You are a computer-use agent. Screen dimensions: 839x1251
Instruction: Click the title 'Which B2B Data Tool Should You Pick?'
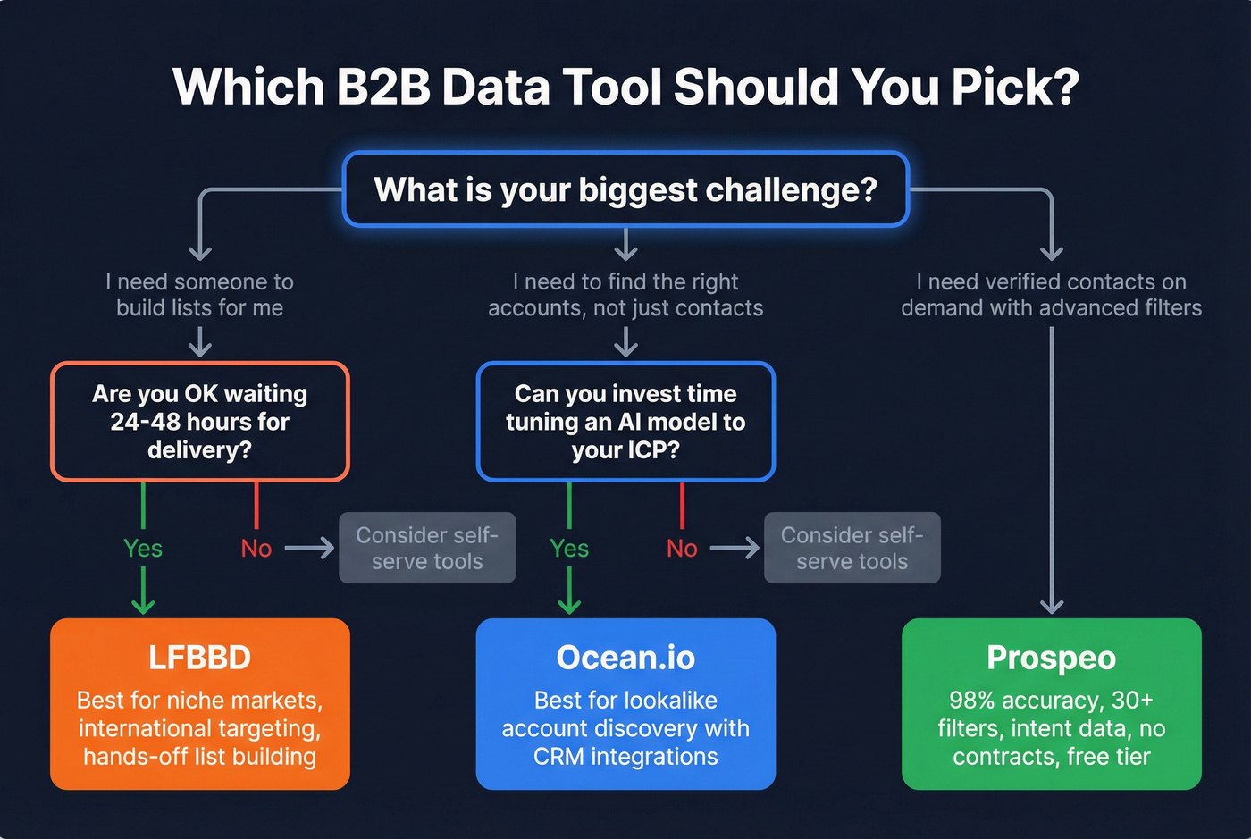[x=625, y=87]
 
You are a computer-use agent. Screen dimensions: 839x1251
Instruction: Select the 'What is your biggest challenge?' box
[x=625, y=189]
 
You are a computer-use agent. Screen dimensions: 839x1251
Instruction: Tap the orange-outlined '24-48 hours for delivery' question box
[x=199, y=422]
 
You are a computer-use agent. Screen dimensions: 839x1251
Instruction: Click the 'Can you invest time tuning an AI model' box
[x=625, y=422]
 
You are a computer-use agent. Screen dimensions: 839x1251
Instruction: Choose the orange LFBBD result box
[x=199, y=704]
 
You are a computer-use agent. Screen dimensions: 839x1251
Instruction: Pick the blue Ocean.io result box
[x=625, y=704]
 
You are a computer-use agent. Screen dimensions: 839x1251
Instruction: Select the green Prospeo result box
[x=1051, y=704]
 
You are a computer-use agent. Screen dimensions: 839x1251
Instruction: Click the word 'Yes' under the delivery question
[x=143, y=549]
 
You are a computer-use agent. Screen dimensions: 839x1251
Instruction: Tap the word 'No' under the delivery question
[x=256, y=549]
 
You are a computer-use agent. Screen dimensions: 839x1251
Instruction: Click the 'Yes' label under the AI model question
[x=569, y=549]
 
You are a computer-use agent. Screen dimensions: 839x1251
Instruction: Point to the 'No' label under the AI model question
[x=682, y=549]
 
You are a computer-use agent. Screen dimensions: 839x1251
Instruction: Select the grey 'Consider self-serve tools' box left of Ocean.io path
[x=427, y=548]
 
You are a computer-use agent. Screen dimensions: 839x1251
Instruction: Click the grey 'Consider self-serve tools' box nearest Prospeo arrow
[x=852, y=548]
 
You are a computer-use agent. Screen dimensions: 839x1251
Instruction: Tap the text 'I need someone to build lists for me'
[x=199, y=295]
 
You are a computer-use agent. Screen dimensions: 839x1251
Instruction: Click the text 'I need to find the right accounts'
[x=625, y=295]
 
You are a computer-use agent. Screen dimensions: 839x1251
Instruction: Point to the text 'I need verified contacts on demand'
[x=1051, y=295]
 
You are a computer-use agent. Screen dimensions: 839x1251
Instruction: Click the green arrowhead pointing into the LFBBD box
[x=143, y=606]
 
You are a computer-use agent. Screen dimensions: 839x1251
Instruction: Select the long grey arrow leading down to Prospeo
[x=1052, y=465]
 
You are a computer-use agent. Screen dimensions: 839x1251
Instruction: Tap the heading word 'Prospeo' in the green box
[x=1051, y=658]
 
